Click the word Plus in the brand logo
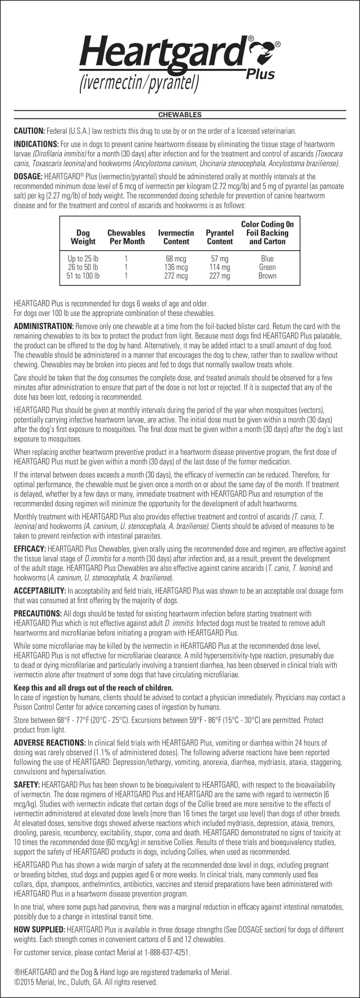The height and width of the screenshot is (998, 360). pyautogui.click(x=261, y=74)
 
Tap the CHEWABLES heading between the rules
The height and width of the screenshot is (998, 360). pyautogui.click(x=180, y=115)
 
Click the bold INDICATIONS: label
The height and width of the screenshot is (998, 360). pyautogui.click(x=36, y=145)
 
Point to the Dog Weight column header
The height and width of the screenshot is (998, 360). pyautogui.click(x=83, y=237)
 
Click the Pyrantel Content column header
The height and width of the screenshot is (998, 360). pyautogui.click(x=220, y=237)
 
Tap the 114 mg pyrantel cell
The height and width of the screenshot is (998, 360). pyautogui.click(x=220, y=268)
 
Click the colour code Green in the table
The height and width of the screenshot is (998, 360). pyautogui.click(x=267, y=268)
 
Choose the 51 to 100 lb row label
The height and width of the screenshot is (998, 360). pyautogui.click(x=83, y=276)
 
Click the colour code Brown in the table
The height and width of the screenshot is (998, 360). pyautogui.click(x=267, y=276)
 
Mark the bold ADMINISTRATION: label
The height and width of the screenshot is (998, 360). pyautogui.click(x=44, y=327)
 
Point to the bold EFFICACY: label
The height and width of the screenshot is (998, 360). pyautogui.click(x=30, y=549)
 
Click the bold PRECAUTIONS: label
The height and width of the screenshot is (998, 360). pyautogui.click(x=38, y=614)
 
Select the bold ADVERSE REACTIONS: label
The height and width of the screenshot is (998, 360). pyautogui.click(x=49, y=743)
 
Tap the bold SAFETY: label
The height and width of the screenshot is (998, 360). pyautogui.click(x=27, y=785)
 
